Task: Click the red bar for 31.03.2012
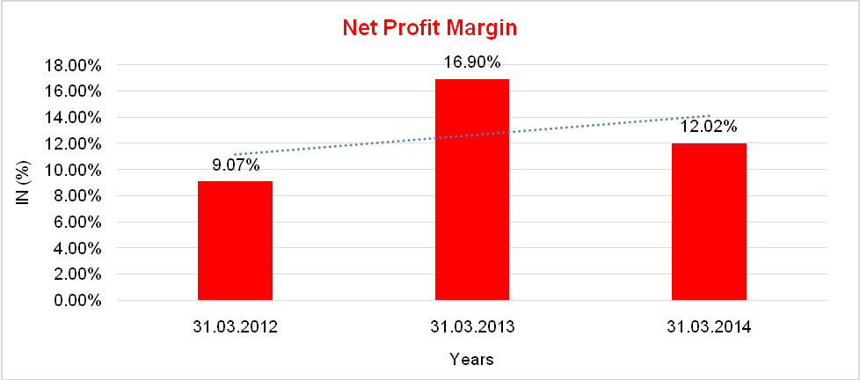(x=235, y=241)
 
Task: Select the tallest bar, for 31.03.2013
(x=471, y=190)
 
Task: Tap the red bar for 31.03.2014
(x=709, y=222)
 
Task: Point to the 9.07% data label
(x=235, y=164)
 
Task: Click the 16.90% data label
(x=471, y=62)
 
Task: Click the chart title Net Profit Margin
(x=429, y=27)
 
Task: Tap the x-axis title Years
(x=471, y=359)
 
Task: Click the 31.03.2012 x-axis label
(x=235, y=327)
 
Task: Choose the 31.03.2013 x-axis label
(x=471, y=327)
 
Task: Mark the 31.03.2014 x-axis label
(x=709, y=327)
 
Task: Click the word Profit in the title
(x=434, y=27)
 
